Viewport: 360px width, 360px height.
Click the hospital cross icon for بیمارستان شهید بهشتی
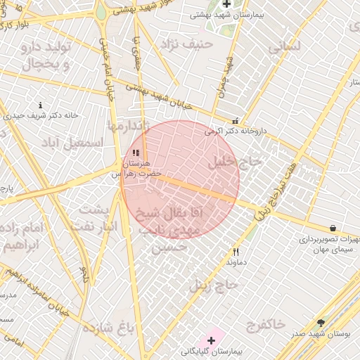coord(226,4)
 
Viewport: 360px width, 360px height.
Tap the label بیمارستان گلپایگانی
coord(212,350)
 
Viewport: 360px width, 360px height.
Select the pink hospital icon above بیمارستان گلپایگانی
coord(211,340)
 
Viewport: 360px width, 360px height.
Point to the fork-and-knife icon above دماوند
coord(236,252)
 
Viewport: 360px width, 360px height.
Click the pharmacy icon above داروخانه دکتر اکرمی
coord(236,120)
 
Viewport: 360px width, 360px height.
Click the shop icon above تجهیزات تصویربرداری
coord(332,228)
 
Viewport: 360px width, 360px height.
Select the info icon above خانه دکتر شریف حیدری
coord(40,105)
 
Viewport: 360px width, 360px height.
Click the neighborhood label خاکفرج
coord(266,324)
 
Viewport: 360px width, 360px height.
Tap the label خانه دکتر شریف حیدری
coord(40,115)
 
